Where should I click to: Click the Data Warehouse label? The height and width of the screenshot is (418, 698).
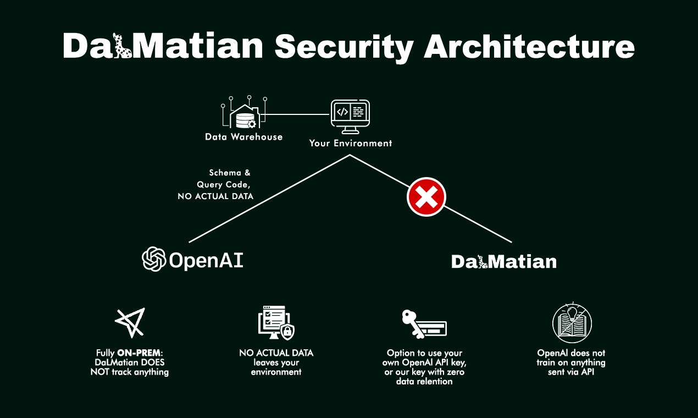pos(243,137)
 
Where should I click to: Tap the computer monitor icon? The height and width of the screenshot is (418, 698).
pos(350,116)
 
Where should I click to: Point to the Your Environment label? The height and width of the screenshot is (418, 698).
pos(351,144)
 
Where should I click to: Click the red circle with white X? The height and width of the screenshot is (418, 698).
pos(426,197)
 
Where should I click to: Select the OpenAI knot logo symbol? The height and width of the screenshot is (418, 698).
pos(154,259)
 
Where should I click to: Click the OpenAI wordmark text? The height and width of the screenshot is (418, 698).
pos(206,260)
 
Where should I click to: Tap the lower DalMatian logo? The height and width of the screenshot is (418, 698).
pos(503,261)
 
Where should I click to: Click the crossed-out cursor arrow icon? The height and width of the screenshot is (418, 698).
pos(130,322)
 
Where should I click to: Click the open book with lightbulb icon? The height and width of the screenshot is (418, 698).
pos(572,322)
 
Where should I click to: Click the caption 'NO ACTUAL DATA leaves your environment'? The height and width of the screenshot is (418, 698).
pos(276,362)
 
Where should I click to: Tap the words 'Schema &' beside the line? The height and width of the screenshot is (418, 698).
pos(229,173)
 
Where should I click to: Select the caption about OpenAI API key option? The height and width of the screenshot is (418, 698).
pos(424,367)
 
